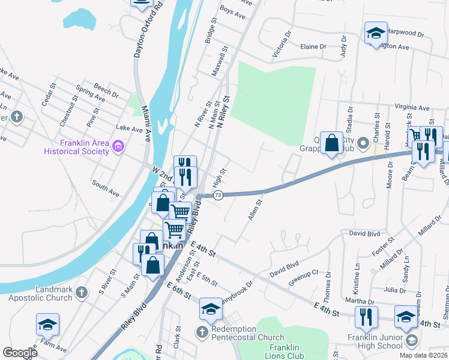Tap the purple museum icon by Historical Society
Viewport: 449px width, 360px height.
(x=118, y=146)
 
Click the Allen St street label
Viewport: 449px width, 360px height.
(x=255, y=210)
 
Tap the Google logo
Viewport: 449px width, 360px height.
(x=20, y=353)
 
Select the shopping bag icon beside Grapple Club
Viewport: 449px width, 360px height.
(x=331, y=144)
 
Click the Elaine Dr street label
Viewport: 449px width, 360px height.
(x=313, y=46)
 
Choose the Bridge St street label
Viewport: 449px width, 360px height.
(x=211, y=30)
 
